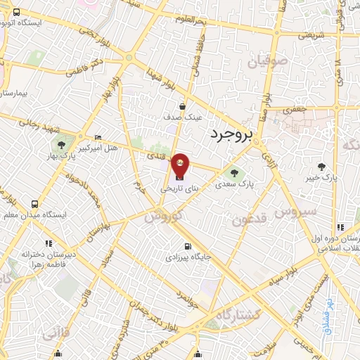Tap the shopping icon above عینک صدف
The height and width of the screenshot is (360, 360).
pyautogui.click(x=182, y=107)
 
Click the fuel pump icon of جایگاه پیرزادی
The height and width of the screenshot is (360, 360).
pyautogui.click(x=187, y=246)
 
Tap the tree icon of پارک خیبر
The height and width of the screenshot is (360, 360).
pyautogui.click(x=321, y=167)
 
